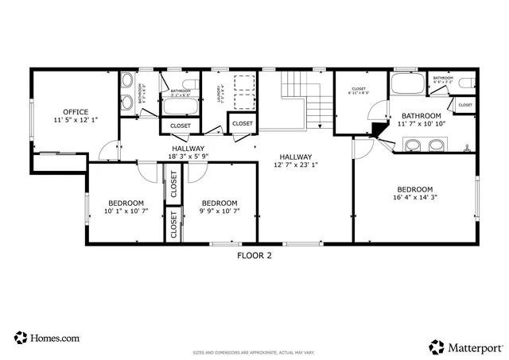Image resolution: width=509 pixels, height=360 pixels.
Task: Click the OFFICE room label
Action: pos(76,111)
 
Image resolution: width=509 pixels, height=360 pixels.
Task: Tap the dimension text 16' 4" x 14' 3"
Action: pos(414,196)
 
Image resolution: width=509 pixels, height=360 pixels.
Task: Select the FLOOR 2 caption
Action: pos(254,255)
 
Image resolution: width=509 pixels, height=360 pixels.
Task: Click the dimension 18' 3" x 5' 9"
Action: pos(188,157)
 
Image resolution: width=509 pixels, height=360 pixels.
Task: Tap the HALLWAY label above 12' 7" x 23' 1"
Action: pos(295,157)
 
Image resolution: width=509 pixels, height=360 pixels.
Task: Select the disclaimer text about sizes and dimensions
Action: pos(254,352)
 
